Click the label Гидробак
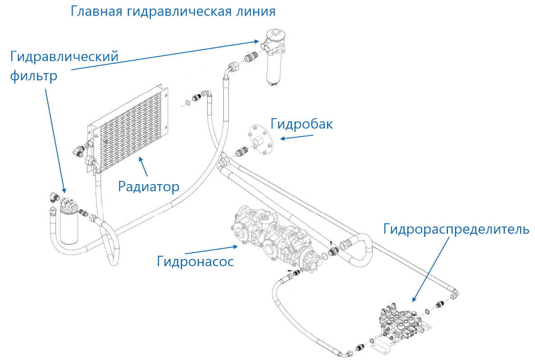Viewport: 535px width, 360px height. coord(301,124)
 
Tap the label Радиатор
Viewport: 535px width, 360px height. coord(148,186)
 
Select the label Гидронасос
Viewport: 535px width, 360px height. coord(195,261)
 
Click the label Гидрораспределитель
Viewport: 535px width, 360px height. coord(456,229)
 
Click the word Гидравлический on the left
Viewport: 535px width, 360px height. coord(64,57)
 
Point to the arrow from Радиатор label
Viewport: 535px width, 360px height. coord(143,166)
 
